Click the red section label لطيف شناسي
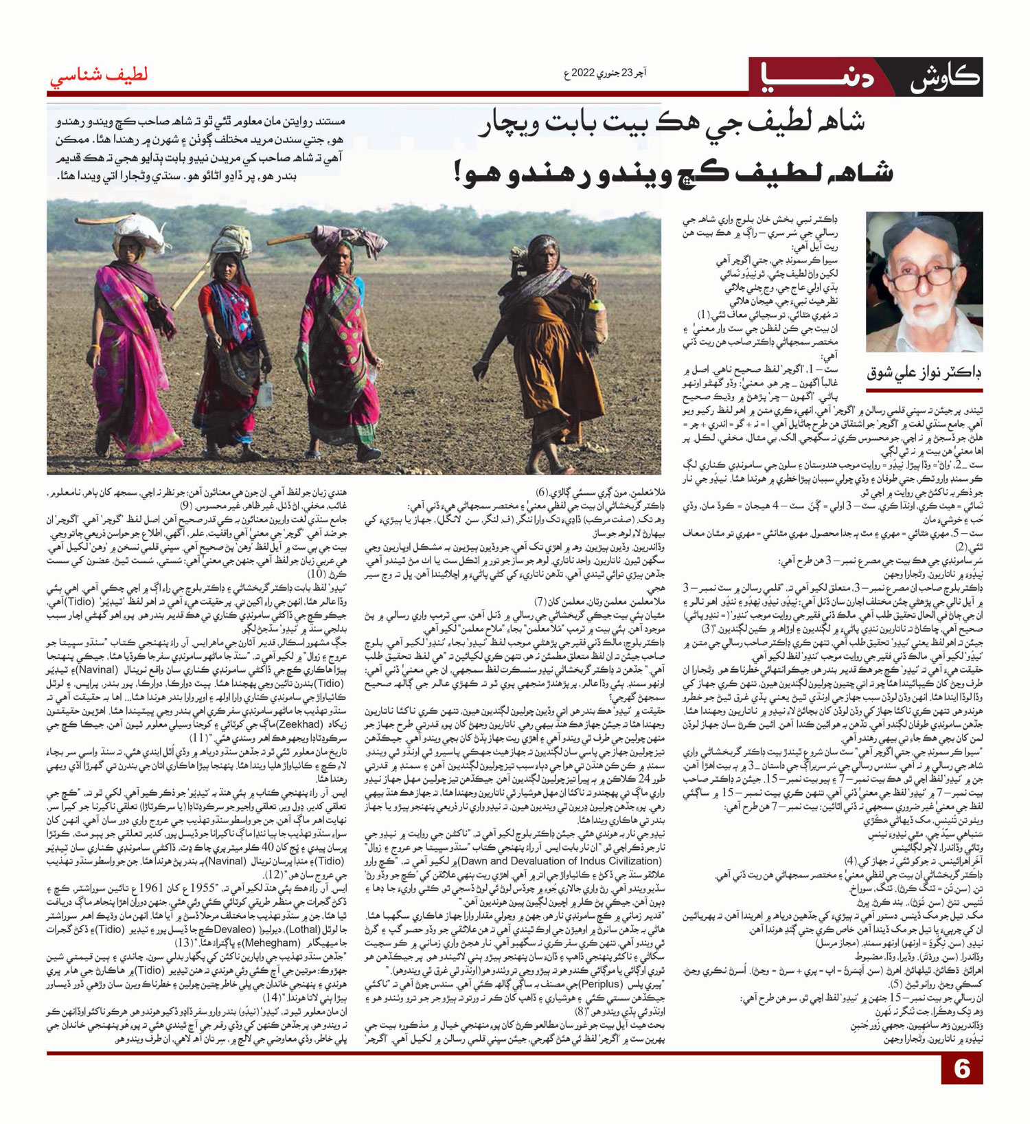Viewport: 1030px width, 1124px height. [98, 76]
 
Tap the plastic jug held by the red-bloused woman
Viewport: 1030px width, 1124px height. [264, 392]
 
